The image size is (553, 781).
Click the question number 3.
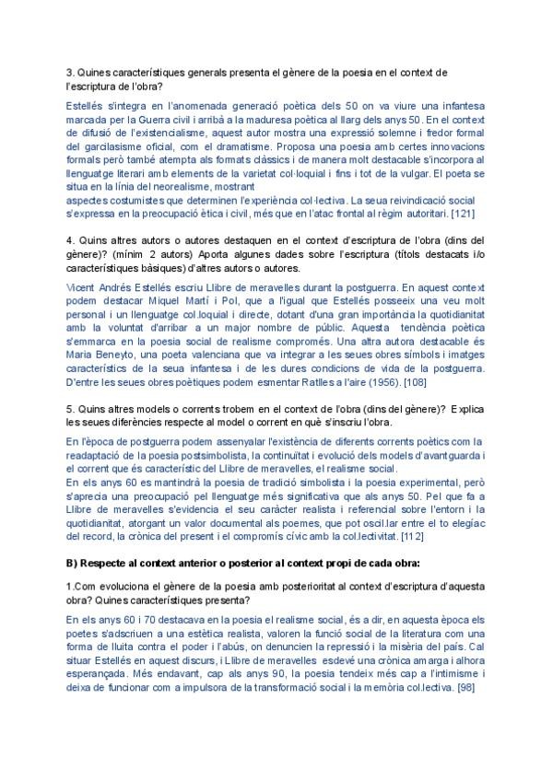(x=71, y=72)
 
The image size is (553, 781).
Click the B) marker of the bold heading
(x=73, y=561)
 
